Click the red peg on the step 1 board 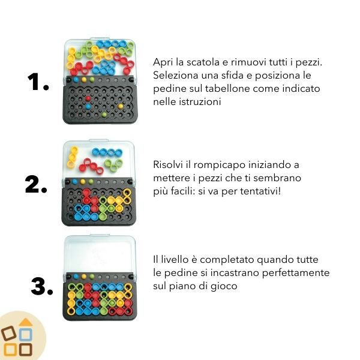click(88, 98)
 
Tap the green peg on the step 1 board click(104, 114)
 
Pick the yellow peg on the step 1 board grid click(121, 106)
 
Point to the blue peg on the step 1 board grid click(88, 106)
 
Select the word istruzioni click(200, 102)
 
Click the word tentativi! click(260, 191)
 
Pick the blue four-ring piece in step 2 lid click(107, 152)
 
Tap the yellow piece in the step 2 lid click(73, 157)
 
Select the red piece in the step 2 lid click(91, 166)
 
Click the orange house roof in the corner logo click(25, 322)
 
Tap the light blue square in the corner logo click(25, 335)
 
